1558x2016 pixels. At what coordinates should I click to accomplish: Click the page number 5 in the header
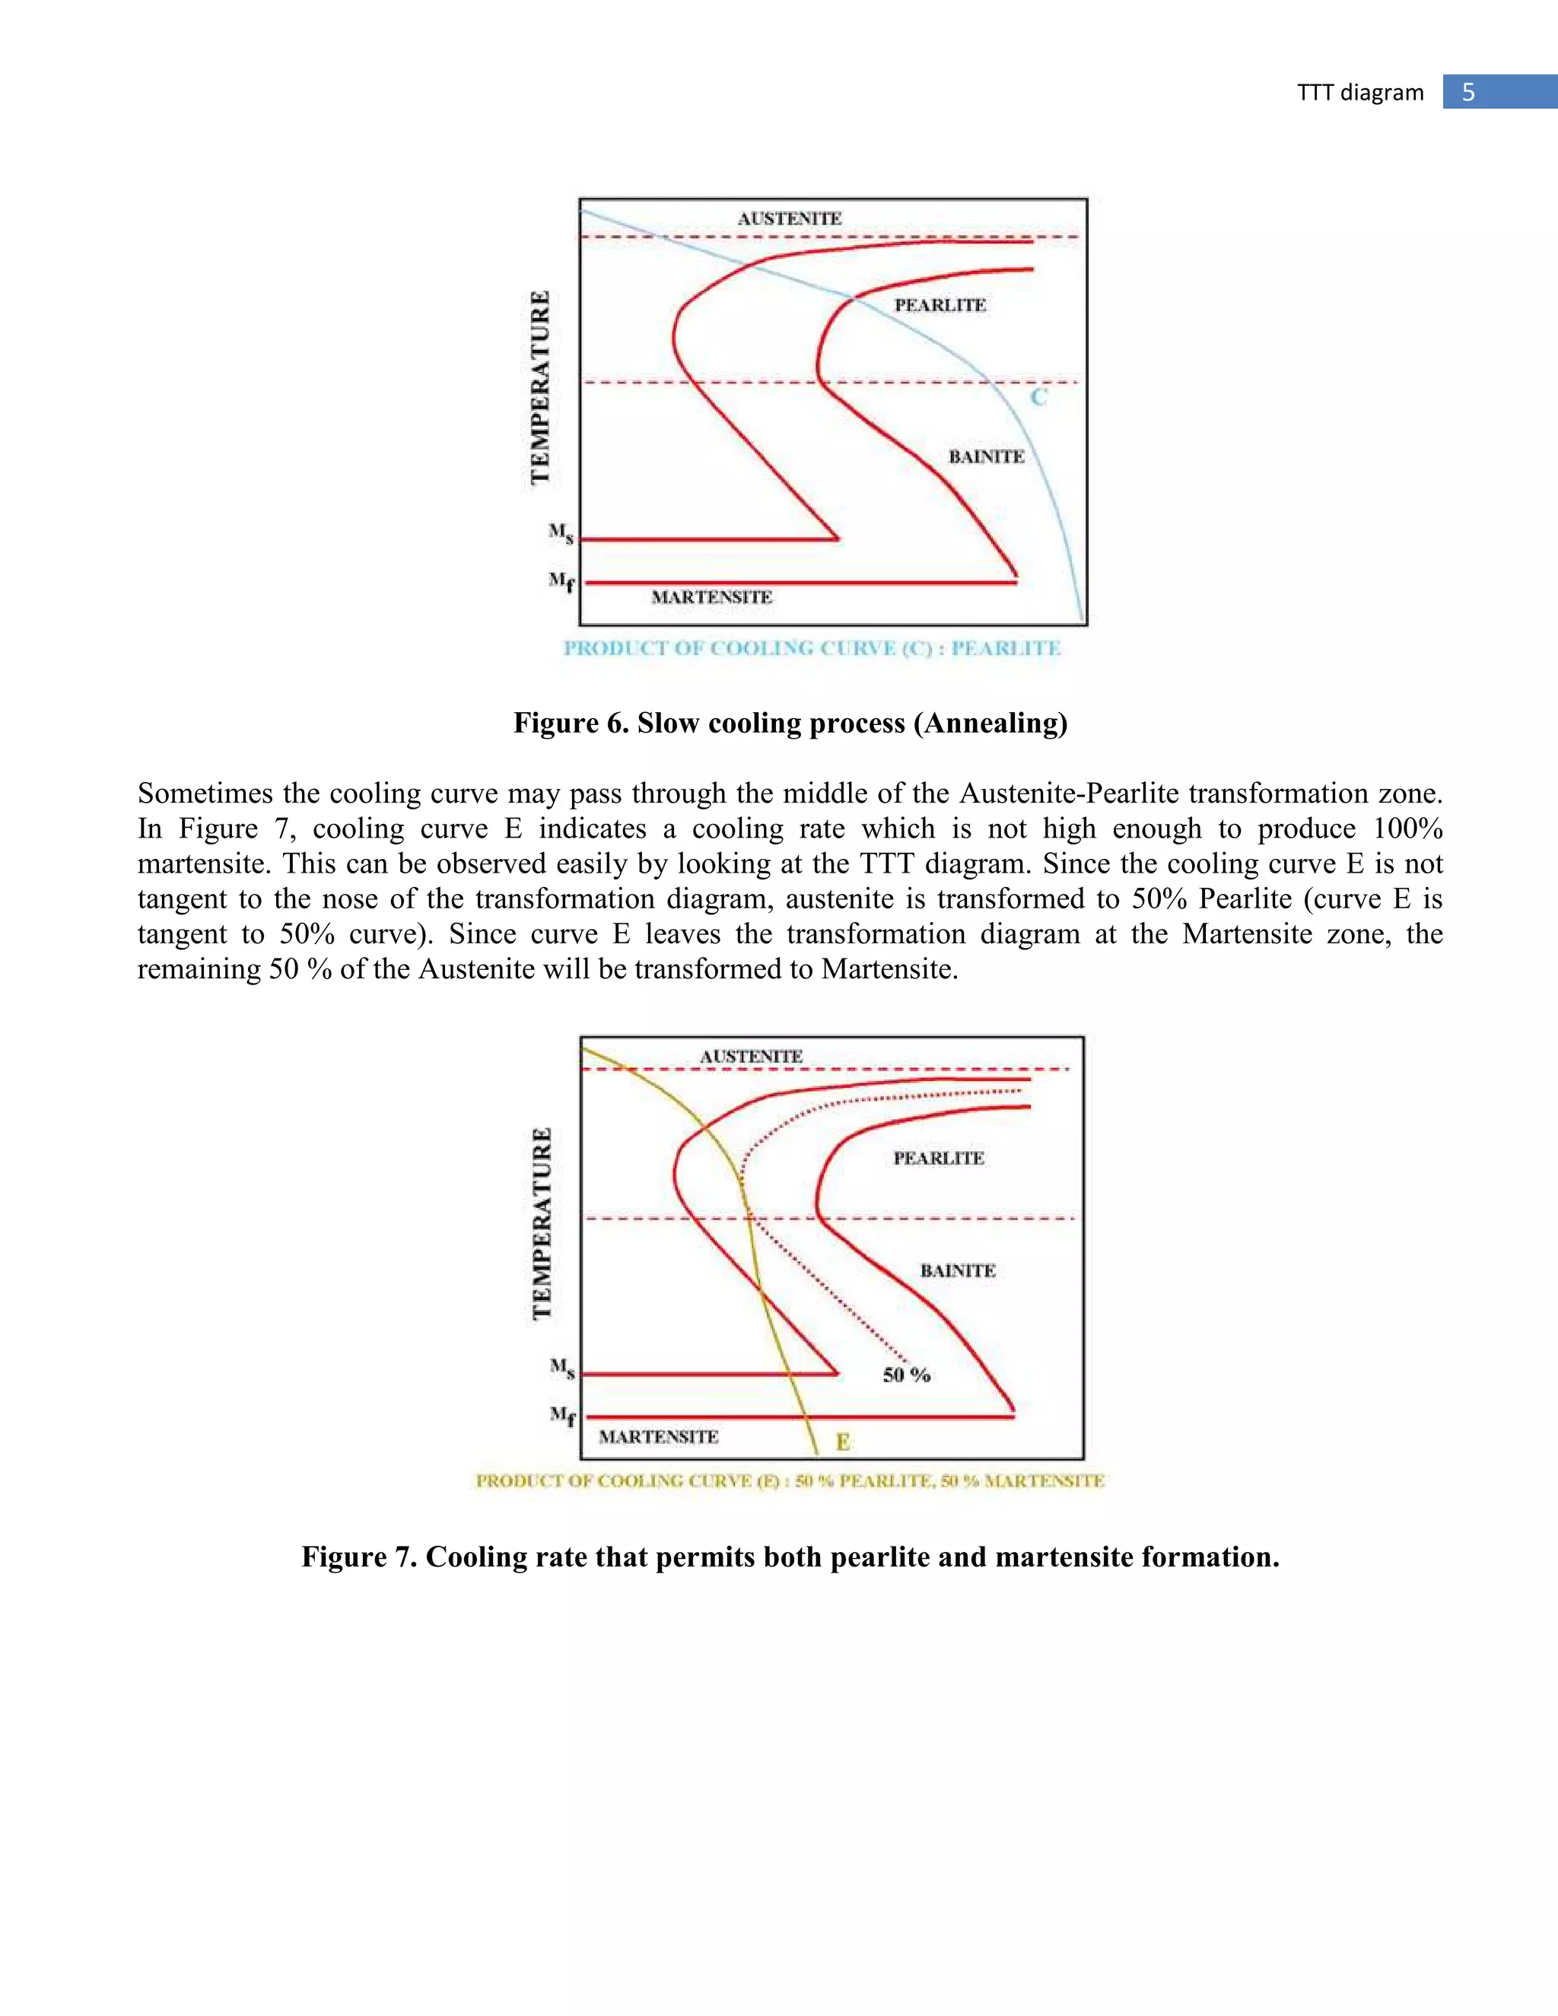click(1468, 92)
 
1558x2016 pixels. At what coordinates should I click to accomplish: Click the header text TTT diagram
click(1359, 92)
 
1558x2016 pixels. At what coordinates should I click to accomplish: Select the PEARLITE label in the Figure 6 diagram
click(940, 306)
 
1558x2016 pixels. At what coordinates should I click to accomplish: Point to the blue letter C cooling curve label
click(1038, 398)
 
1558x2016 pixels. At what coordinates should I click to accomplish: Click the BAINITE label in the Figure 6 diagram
click(986, 457)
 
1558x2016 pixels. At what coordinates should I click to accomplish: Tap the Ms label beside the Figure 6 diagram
click(560, 533)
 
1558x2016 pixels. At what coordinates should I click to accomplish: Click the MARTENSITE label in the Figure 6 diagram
click(711, 597)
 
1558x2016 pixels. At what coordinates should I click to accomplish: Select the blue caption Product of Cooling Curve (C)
click(812, 648)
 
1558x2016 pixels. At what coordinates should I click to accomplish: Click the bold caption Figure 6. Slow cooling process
click(790, 723)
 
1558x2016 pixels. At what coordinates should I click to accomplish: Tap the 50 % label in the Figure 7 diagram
click(905, 1375)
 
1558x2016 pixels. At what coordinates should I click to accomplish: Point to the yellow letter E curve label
click(842, 1441)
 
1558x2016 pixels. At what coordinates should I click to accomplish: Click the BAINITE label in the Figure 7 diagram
click(957, 1271)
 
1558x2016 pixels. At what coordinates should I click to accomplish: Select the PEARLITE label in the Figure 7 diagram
click(938, 1159)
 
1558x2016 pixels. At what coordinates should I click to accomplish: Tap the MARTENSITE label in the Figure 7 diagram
click(658, 1436)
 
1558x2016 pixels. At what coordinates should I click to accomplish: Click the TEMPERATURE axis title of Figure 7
click(542, 1223)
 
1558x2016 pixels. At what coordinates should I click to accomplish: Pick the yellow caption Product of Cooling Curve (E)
click(790, 1481)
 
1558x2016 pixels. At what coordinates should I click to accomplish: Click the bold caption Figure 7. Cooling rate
click(790, 1557)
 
